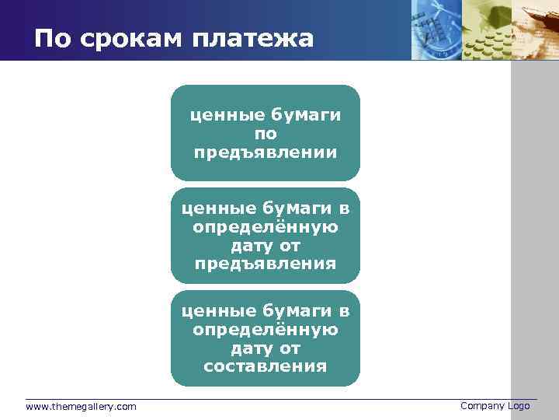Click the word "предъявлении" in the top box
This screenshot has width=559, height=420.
pyautogui.click(x=266, y=152)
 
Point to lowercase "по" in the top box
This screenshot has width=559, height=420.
pyautogui.click(x=266, y=134)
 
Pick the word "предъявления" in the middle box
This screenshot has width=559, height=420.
pyautogui.click(x=266, y=264)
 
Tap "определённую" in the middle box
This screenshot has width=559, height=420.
pyautogui.click(x=266, y=227)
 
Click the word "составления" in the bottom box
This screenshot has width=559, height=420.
pyautogui.click(x=266, y=366)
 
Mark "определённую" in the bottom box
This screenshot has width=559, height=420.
pyautogui.click(x=266, y=330)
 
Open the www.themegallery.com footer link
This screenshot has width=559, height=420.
pyautogui.click(x=81, y=407)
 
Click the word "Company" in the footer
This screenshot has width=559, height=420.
pyautogui.click(x=482, y=406)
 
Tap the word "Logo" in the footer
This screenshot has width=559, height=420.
pyautogui.click(x=519, y=406)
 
